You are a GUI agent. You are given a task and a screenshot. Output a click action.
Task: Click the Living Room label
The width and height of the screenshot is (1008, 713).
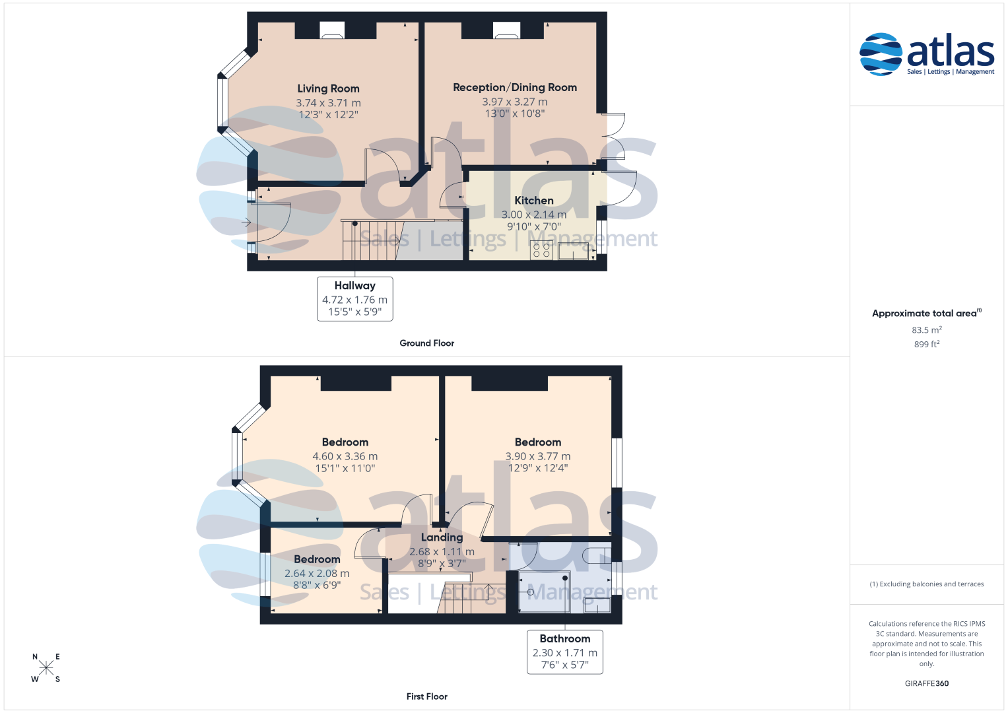(x=328, y=88)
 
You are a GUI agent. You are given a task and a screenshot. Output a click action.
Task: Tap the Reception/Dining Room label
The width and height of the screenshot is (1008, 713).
(x=515, y=87)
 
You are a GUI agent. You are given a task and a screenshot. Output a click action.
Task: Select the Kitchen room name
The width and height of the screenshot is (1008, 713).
(x=533, y=200)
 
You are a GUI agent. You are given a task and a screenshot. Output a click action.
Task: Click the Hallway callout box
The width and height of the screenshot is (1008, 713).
(x=355, y=299)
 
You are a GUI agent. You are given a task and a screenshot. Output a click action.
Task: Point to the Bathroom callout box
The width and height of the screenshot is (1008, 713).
(x=565, y=652)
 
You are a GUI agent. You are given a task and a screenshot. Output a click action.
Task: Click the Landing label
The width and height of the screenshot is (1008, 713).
(x=442, y=537)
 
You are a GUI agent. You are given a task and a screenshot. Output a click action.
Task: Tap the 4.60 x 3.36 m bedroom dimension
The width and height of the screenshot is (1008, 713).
(x=345, y=456)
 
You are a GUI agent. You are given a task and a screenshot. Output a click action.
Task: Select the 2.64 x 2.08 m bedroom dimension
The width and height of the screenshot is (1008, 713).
(x=317, y=574)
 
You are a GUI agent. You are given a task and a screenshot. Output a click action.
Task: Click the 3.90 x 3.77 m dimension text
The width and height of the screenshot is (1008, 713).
(x=538, y=456)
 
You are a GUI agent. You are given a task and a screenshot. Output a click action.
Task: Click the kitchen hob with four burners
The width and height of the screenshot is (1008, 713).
(x=541, y=250)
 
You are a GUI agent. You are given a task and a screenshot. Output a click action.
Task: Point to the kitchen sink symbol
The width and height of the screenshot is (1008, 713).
(x=573, y=251)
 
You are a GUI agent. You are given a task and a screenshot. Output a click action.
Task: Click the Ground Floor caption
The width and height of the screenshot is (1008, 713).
(x=426, y=343)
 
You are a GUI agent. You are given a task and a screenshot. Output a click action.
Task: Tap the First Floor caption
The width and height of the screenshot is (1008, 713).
(x=426, y=696)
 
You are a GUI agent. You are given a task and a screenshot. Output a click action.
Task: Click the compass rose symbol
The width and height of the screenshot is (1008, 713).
(x=46, y=667)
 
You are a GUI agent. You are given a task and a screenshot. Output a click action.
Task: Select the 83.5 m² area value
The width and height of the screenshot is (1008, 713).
(x=927, y=329)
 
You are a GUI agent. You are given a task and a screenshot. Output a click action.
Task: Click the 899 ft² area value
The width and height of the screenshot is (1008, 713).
(x=927, y=344)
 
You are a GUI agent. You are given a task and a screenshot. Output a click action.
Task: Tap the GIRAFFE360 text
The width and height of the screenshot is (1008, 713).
(x=927, y=683)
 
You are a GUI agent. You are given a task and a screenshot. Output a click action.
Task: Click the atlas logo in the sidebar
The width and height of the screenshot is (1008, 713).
(x=927, y=54)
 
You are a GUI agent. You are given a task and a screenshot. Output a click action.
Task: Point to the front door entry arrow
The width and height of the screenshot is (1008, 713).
(x=246, y=222)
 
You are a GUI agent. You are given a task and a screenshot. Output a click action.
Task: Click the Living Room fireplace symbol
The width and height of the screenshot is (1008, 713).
(x=331, y=30)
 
